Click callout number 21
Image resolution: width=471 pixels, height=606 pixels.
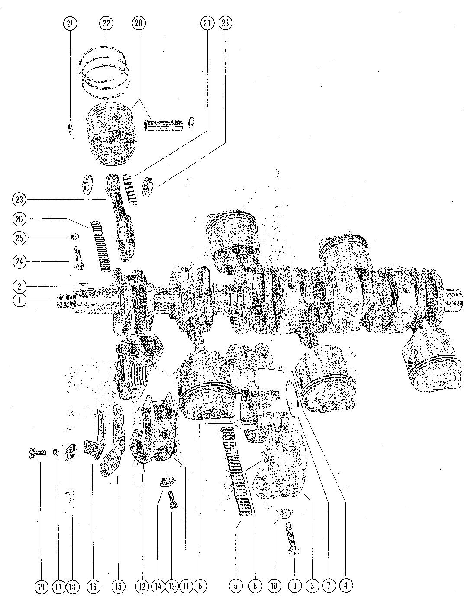[69, 24]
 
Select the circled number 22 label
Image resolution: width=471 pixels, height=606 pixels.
[106, 24]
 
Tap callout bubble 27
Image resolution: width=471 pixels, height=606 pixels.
[207, 24]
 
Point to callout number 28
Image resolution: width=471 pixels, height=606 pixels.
[225, 24]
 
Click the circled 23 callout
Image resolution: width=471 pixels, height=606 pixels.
[20, 200]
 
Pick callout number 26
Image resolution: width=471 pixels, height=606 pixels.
[20, 219]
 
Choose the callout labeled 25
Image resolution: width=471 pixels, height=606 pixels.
[20, 238]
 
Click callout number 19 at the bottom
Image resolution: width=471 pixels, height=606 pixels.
[41, 587]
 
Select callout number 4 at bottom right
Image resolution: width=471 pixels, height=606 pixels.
[345, 586]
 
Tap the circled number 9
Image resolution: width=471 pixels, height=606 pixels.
[294, 586]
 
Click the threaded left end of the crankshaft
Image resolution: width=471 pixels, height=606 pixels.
[63, 300]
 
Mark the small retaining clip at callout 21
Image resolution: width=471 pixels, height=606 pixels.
[71, 129]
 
